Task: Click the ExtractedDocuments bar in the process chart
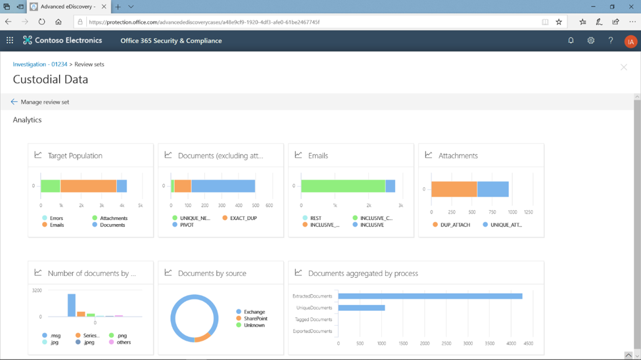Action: tap(430, 296)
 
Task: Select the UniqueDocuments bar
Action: tap(361, 307)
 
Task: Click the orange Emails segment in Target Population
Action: tap(88, 186)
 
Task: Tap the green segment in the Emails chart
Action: tap(343, 186)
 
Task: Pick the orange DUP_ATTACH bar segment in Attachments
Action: tap(454, 189)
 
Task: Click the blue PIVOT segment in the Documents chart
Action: tap(223, 186)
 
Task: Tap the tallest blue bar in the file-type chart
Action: tap(72, 305)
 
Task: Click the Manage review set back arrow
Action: tap(14, 102)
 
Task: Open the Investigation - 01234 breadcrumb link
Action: tap(40, 64)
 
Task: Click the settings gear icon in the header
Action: tap(590, 41)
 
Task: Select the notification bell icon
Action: tap(571, 41)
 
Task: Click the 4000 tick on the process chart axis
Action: tap(511, 343)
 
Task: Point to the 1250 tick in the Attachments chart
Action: tap(528, 212)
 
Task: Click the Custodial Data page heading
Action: tap(51, 79)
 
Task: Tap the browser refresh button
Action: tap(41, 22)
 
